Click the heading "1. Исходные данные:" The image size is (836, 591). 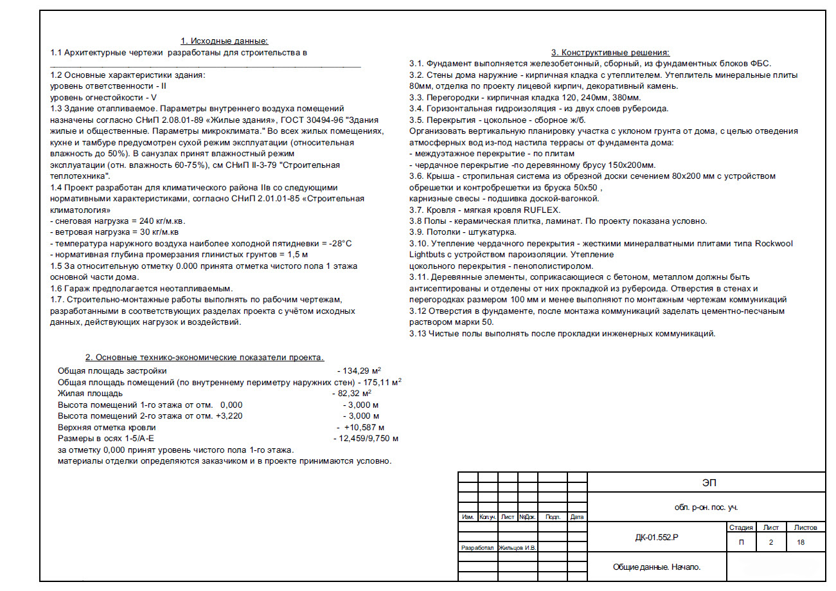pyautogui.click(x=224, y=41)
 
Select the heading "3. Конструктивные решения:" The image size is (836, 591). pyautogui.click(x=610, y=53)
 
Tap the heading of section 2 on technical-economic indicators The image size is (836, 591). pyautogui.click(x=205, y=358)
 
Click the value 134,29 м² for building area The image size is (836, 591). pyautogui.click(x=362, y=371)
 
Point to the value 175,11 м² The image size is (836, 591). pyautogui.click(x=382, y=382)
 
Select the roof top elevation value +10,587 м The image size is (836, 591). pyautogui.click(x=364, y=427)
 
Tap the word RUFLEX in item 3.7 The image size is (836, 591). pyautogui.click(x=542, y=210)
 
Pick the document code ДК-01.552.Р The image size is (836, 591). pyautogui.click(x=656, y=537)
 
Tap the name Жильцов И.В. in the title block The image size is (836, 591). pyautogui.click(x=517, y=548)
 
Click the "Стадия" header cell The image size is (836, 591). pyautogui.click(x=741, y=527)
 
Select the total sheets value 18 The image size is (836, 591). pyautogui.click(x=800, y=542)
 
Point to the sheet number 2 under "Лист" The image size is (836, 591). pyautogui.click(x=770, y=542)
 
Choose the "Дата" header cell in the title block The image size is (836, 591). pyautogui.click(x=577, y=517)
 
